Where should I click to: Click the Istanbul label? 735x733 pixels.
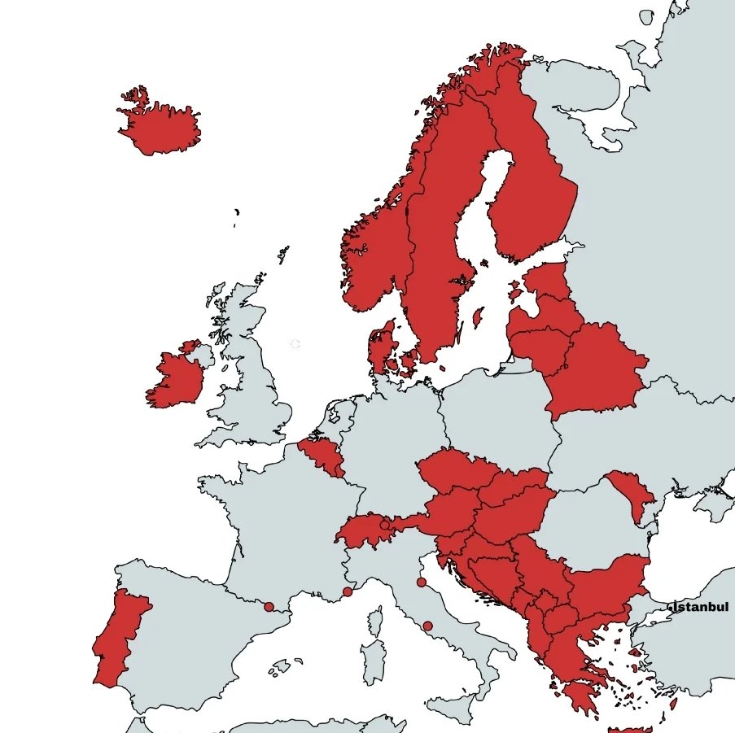coord(700,607)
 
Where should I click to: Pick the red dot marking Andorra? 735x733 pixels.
coord(269,606)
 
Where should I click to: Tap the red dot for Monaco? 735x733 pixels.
coord(348,591)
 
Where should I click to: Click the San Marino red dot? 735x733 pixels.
coord(421,582)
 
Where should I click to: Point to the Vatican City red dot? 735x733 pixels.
coord(427,626)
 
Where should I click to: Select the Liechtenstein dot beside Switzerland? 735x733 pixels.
coord(385,525)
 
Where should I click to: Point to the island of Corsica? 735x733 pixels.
coord(375,622)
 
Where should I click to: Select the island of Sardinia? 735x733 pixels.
coord(374,662)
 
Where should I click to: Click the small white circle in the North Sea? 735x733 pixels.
coord(295,345)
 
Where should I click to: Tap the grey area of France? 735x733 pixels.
coord(277,529)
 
